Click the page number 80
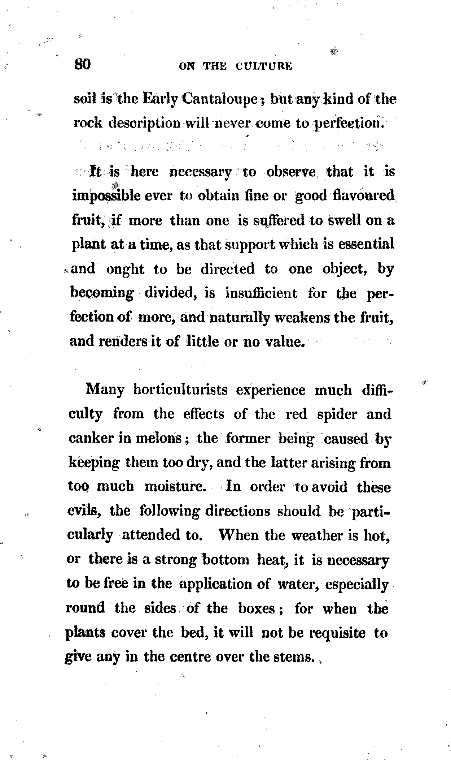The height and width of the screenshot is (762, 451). coord(82,65)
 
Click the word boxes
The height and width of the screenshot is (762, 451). coord(257,608)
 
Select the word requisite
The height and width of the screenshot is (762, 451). coord(337,633)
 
